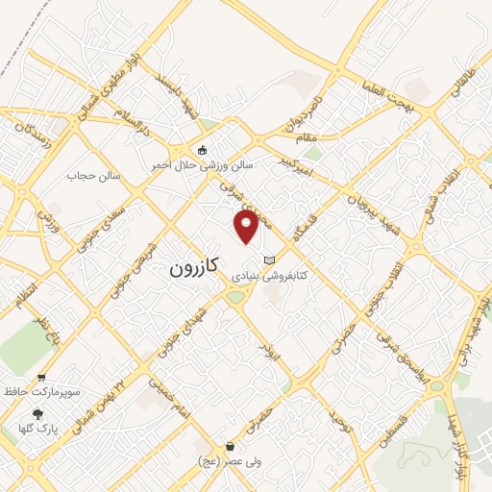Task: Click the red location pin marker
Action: (x=247, y=228)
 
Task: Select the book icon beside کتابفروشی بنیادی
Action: (x=269, y=259)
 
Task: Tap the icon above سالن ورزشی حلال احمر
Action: (x=202, y=150)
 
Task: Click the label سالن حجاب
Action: (x=90, y=175)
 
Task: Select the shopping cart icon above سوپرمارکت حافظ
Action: (x=41, y=379)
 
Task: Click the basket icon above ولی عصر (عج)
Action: (x=231, y=447)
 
